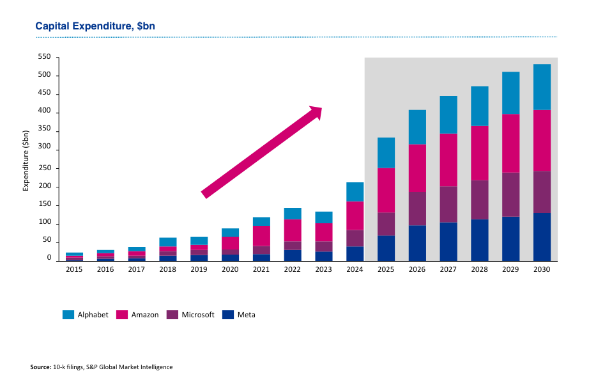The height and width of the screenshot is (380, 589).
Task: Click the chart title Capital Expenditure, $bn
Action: tap(95, 26)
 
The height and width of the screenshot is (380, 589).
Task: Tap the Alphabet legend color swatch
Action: tap(68, 315)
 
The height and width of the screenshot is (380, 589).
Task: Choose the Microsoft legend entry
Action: tap(197, 315)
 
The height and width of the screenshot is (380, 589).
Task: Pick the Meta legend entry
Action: tap(246, 315)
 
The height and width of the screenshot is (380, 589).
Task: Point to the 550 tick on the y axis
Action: tap(44, 57)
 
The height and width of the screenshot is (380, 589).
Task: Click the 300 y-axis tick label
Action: tap(44, 150)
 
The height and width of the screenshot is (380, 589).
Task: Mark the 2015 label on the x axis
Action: tap(74, 270)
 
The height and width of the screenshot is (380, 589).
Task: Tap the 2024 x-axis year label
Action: tap(355, 270)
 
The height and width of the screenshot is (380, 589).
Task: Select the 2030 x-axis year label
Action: tap(542, 270)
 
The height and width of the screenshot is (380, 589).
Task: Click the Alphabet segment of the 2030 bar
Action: tap(542, 87)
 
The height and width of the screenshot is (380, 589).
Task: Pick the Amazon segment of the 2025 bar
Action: tap(386, 190)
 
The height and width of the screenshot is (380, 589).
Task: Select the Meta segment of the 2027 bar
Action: tap(448, 241)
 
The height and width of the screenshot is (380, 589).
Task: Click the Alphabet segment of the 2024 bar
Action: tap(355, 192)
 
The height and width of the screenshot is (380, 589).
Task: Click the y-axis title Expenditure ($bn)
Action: tap(26, 160)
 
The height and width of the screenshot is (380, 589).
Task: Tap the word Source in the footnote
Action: tap(40, 367)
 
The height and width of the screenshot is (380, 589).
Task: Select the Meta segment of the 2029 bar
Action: tap(510, 239)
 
